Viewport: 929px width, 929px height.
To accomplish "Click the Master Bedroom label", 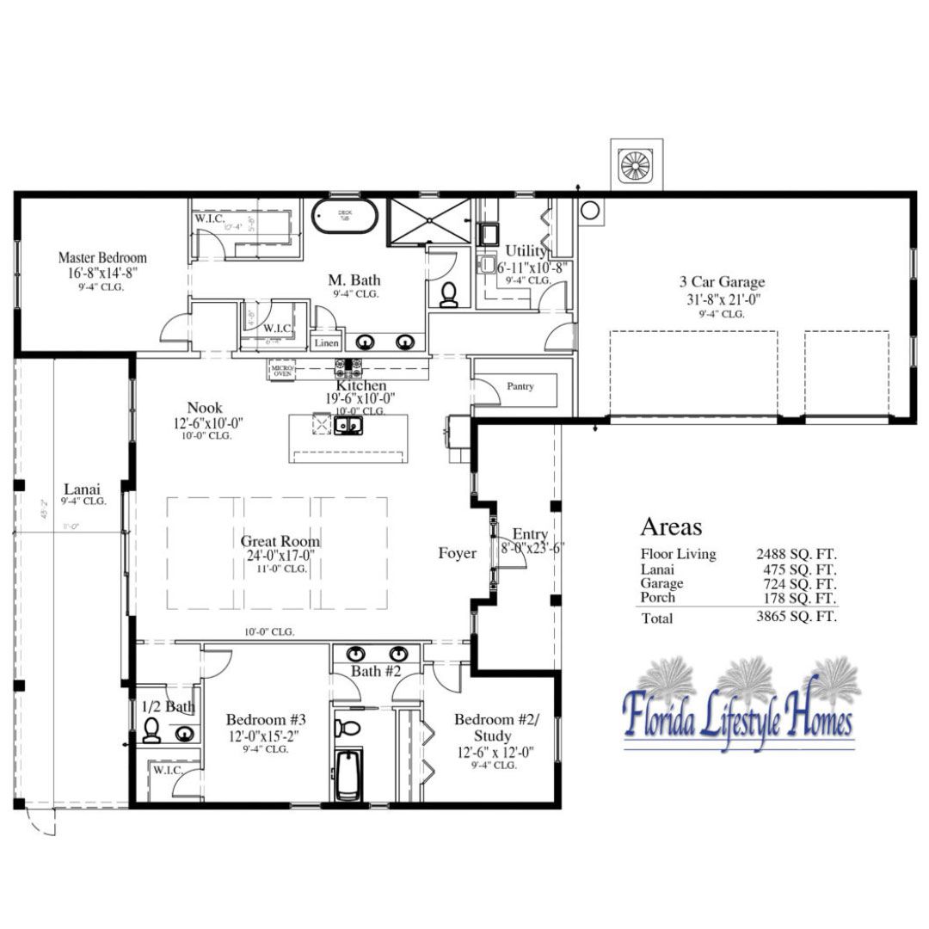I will coord(102,257).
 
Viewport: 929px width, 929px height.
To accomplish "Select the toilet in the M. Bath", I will coord(448,295).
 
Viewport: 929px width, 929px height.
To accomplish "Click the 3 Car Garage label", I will coord(721,281).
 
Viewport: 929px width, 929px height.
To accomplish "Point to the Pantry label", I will coord(520,387).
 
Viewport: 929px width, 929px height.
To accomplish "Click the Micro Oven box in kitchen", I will coord(281,369).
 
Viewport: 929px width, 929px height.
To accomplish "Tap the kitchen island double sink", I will coord(349,424).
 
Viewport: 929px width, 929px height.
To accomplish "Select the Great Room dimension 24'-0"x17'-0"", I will coord(280,556).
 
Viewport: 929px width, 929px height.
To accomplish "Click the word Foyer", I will coord(457,554).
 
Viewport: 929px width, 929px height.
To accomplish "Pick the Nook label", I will coord(205,408).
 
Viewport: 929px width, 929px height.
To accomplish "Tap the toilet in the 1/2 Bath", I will coord(151,730).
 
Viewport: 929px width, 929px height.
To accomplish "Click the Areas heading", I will coord(671,527).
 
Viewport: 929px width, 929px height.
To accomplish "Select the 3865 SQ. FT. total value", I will coord(796,617).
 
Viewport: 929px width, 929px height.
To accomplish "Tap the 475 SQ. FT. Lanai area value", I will coord(796,569).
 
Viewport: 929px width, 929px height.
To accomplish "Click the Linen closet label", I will coord(327,343).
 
